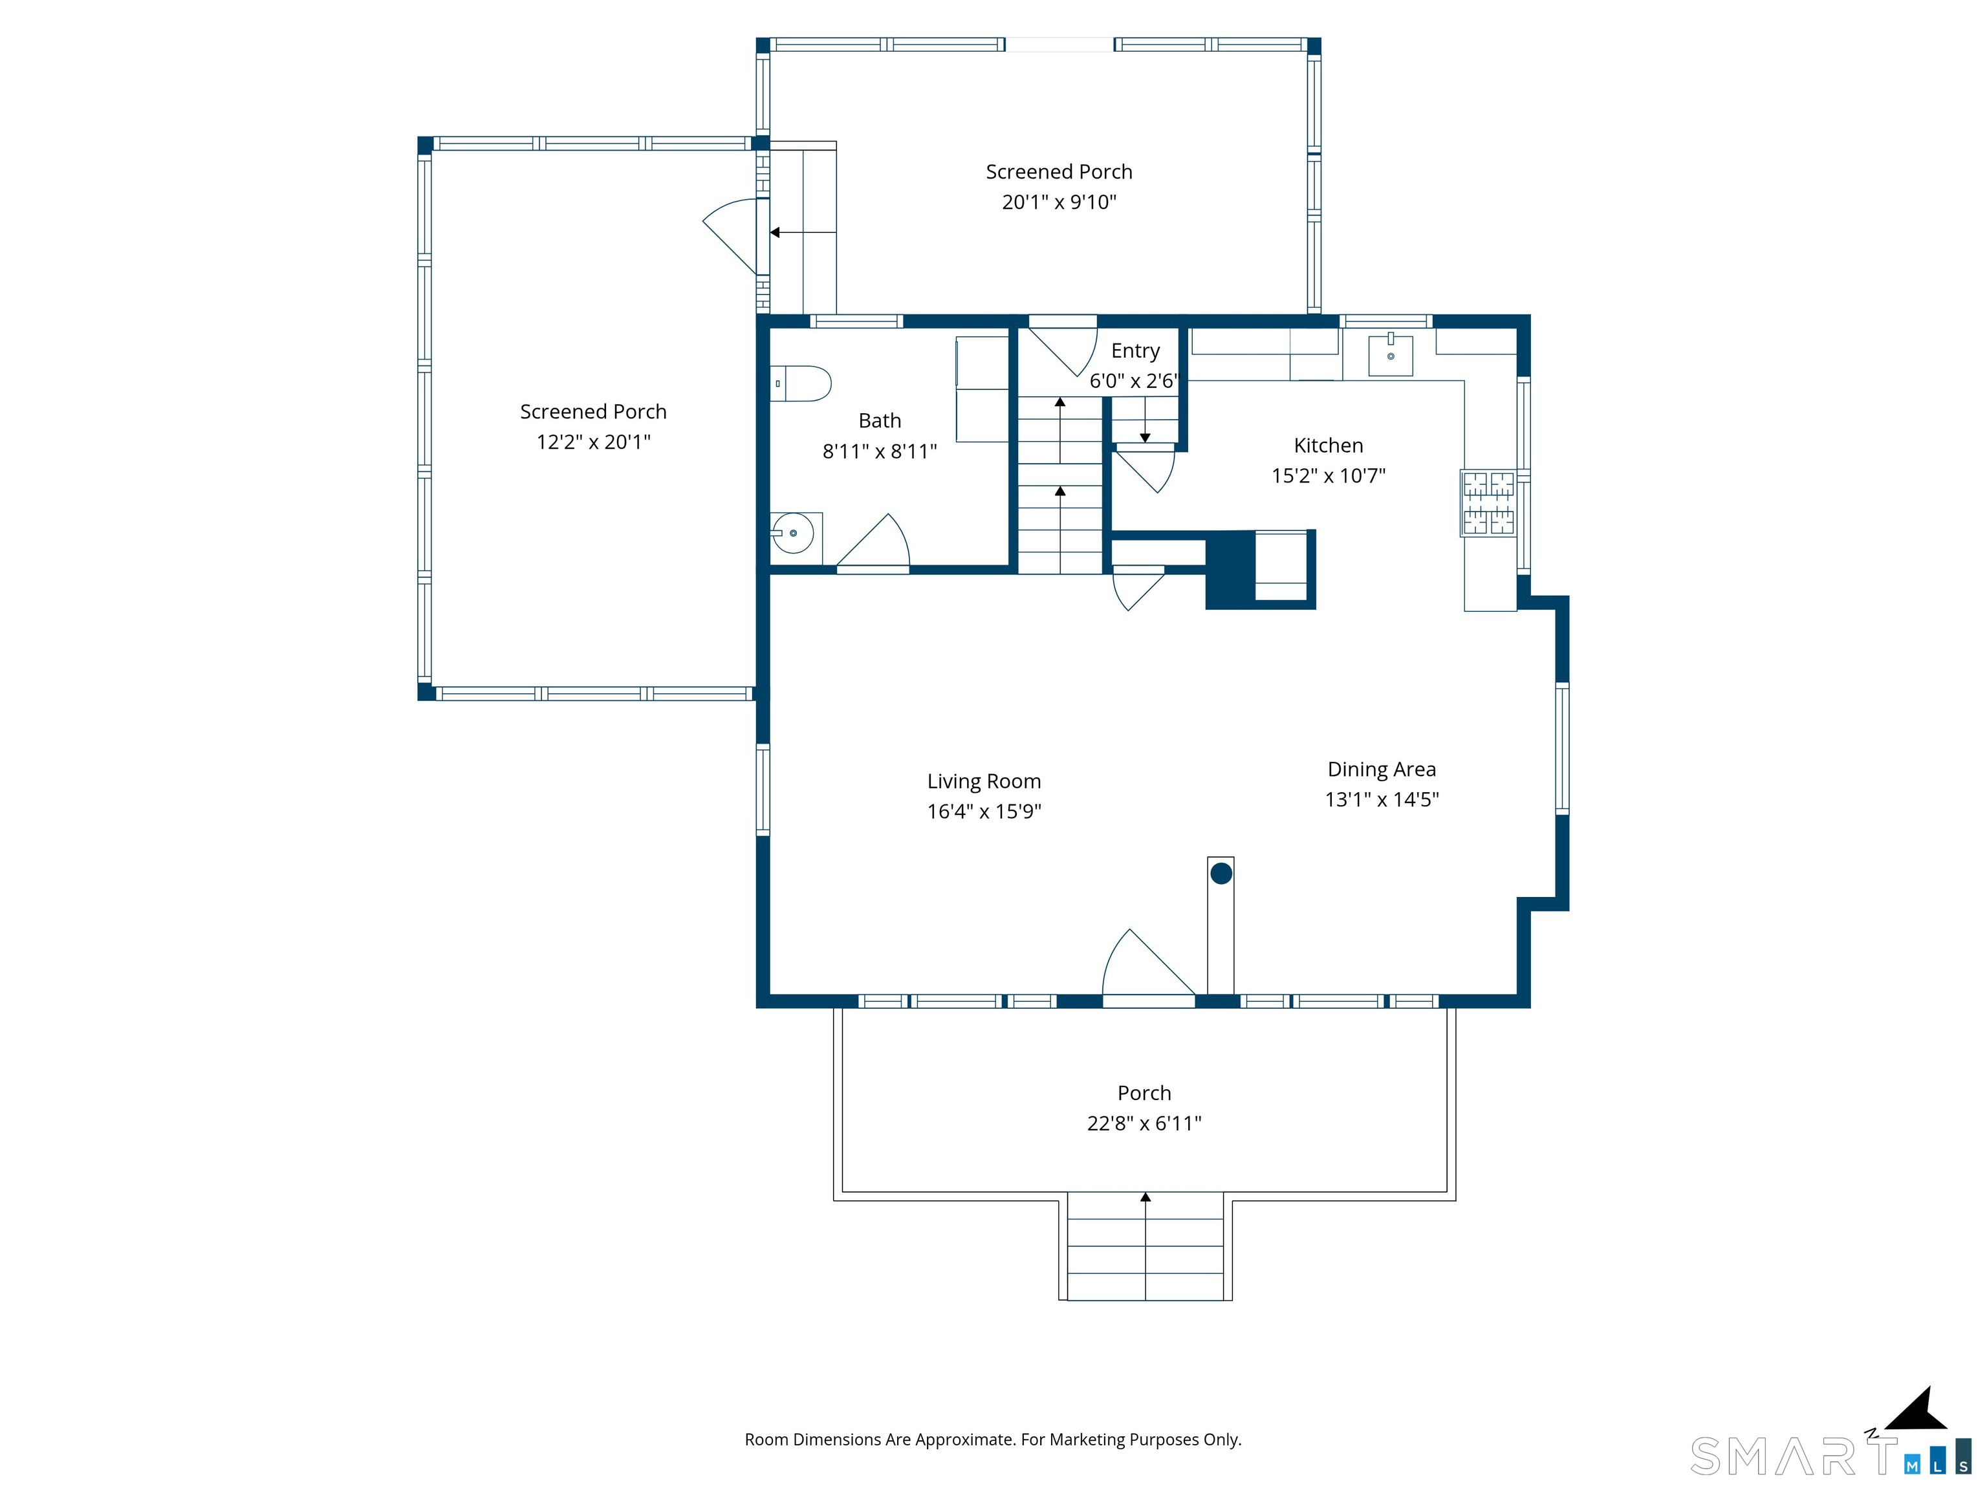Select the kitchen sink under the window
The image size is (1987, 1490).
(1391, 356)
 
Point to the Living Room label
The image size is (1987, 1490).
(984, 781)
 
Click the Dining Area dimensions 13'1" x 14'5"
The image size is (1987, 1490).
(1382, 799)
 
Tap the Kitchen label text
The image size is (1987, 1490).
(1329, 446)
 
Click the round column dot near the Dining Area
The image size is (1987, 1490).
(1221, 873)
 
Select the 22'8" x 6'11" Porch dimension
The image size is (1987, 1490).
(1144, 1123)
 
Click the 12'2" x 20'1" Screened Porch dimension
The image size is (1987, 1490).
(594, 442)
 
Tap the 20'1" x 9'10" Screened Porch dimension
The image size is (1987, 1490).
(1059, 202)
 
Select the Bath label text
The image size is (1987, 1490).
(880, 420)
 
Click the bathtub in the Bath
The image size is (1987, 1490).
(982, 389)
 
